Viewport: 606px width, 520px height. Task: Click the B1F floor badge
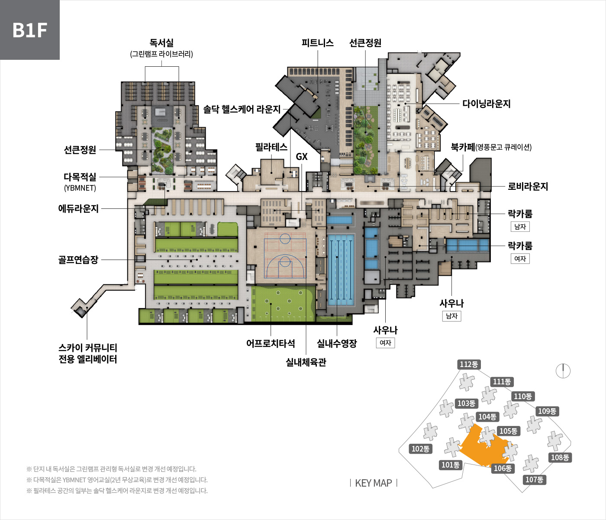pyautogui.click(x=29, y=29)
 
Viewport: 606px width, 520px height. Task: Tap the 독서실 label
pyautogui.click(x=161, y=43)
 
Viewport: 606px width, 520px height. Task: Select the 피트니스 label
pyautogui.click(x=318, y=43)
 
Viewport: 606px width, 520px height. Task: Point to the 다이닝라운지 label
pyautogui.click(x=487, y=104)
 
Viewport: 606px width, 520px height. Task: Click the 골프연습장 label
pyautogui.click(x=78, y=260)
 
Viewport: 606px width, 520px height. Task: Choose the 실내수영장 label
pyautogui.click(x=337, y=343)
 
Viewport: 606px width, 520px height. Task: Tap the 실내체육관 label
pyautogui.click(x=306, y=362)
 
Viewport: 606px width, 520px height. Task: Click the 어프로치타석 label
pyautogui.click(x=271, y=343)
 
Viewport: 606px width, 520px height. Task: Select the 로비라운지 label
pyautogui.click(x=528, y=186)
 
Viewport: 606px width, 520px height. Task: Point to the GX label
pyautogui.click(x=302, y=157)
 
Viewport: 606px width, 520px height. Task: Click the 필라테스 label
pyautogui.click(x=271, y=147)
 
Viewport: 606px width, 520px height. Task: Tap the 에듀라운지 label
pyautogui.click(x=78, y=208)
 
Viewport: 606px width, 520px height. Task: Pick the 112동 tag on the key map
pyautogui.click(x=469, y=364)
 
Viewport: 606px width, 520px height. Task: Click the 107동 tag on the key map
pyautogui.click(x=534, y=480)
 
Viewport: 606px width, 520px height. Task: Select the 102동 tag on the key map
pyautogui.click(x=420, y=448)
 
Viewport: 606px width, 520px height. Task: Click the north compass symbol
pyautogui.click(x=563, y=371)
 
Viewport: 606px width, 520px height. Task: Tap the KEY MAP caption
pyautogui.click(x=373, y=483)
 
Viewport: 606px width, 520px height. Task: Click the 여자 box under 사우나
pyautogui.click(x=385, y=343)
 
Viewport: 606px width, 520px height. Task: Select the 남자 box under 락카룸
pyautogui.click(x=520, y=227)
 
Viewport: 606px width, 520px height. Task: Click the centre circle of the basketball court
pyautogui.click(x=285, y=238)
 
